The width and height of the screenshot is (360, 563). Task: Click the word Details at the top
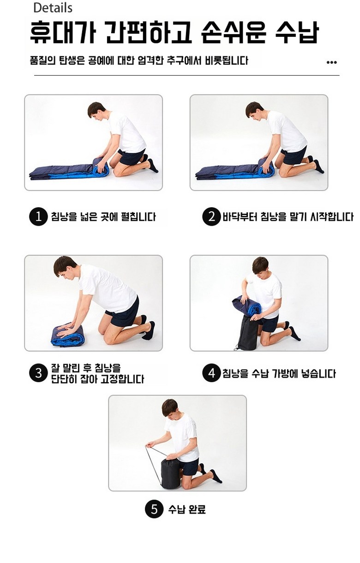[53, 8]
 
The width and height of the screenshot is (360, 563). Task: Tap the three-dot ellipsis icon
[331, 62]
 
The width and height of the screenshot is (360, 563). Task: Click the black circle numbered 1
[38, 216]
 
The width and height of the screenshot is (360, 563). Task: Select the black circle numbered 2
[211, 216]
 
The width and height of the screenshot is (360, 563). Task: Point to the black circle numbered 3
[38, 373]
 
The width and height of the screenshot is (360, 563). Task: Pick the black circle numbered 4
[211, 373]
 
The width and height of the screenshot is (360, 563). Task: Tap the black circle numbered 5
[154, 509]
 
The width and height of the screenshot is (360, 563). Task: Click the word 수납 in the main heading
[297, 32]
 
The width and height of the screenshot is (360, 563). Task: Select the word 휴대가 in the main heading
[63, 32]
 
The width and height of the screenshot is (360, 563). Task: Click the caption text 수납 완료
[187, 509]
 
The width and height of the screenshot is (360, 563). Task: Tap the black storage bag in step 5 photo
[170, 473]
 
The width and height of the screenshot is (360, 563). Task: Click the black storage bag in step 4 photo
[247, 333]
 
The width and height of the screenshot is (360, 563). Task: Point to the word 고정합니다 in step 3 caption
[122, 379]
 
